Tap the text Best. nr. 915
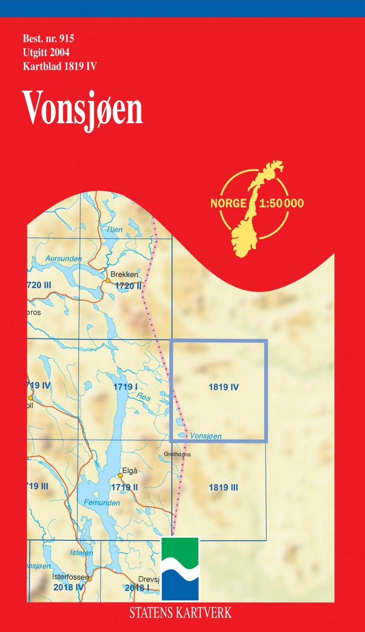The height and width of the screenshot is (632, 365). [49, 38]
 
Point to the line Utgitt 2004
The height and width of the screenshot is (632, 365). [46, 52]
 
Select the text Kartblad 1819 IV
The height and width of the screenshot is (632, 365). [59, 66]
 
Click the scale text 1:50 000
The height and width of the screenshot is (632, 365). [282, 203]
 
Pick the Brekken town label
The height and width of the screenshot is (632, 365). [124, 274]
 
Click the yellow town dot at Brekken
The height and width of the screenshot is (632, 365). [108, 281]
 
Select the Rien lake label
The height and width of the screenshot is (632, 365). [114, 230]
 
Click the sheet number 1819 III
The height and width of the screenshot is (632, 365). [223, 488]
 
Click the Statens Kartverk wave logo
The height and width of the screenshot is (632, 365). [180, 569]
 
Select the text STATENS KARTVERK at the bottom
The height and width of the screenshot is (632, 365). [180, 613]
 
